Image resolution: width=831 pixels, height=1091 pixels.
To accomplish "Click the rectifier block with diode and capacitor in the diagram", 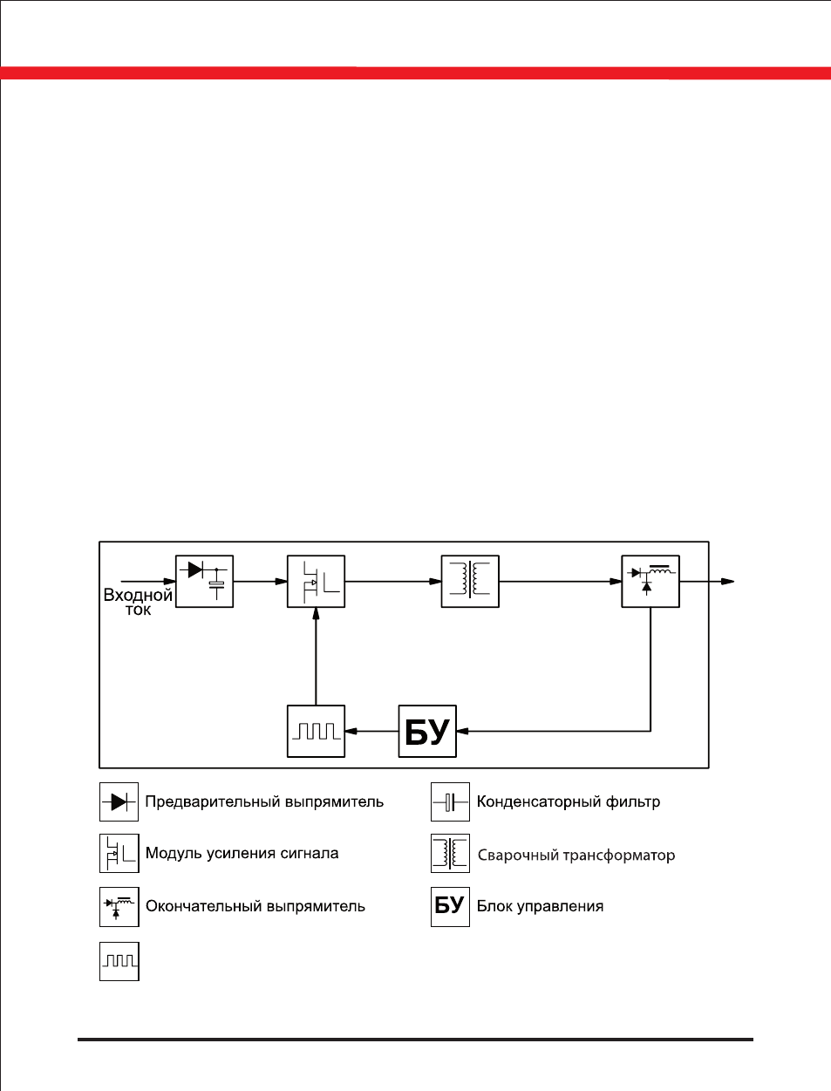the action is [204, 581].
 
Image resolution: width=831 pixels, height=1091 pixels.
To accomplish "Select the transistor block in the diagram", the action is [317, 581].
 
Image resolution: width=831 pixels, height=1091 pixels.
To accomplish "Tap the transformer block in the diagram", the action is [470, 581].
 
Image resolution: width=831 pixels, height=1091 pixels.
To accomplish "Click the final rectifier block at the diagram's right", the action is [650, 581].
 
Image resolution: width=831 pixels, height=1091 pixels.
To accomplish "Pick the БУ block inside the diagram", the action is [427, 731].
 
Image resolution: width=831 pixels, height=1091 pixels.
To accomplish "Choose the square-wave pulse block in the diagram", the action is [317, 731].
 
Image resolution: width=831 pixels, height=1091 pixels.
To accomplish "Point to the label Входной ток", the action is [138, 602].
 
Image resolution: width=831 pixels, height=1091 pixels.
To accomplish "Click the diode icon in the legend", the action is [119, 801].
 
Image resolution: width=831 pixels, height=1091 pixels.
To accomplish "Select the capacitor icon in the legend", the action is [450, 801].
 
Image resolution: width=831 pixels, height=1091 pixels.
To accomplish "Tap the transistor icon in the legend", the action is [119, 854].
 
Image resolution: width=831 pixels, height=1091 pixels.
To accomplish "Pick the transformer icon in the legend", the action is [450, 854].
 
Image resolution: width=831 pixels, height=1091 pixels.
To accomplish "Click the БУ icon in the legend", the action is [450, 907].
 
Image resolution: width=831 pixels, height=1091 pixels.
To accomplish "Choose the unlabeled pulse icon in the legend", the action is [119, 961].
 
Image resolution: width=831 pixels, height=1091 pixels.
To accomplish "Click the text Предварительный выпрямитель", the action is [264, 802].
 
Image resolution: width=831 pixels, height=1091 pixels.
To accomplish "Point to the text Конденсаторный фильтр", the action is [569, 801].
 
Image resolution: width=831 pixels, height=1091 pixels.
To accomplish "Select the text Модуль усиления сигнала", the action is [242, 854].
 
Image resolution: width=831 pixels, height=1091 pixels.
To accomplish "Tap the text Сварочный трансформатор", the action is [576, 855].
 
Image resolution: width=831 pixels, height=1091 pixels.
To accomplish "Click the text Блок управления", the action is [541, 907].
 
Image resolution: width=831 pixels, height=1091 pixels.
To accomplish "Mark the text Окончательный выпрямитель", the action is [255, 907].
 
